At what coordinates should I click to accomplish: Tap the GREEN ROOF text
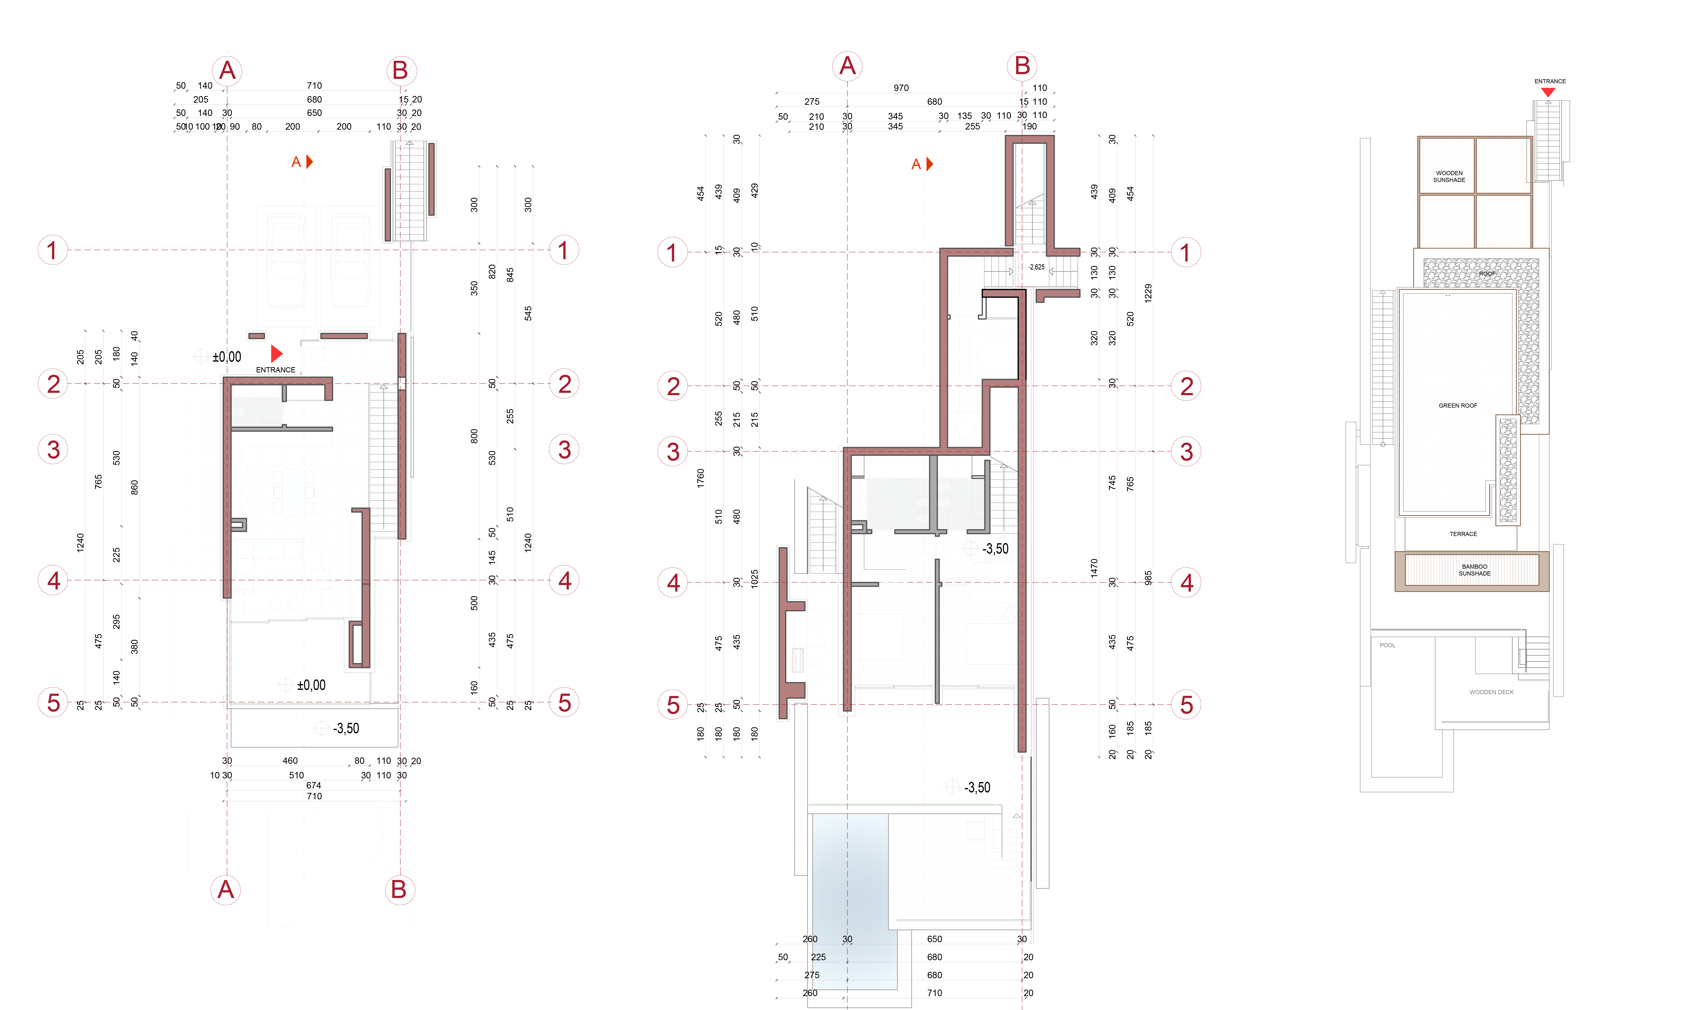pyautogui.click(x=1458, y=406)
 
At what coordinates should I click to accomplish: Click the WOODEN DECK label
pyautogui.click(x=1491, y=692)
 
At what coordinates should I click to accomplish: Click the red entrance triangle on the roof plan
pyautogui.click(x=1548, y=92)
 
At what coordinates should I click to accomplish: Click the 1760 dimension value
pyautogui.click(x=700, y=478)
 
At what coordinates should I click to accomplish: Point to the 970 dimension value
pyautogui.click(x=901, y=88)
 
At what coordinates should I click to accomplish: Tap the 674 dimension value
pyautogui.click(x=314, y=785)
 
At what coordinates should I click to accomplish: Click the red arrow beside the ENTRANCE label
pyautogui.click(x=276, y=353)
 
